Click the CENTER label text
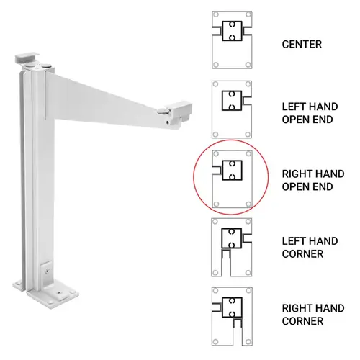[x=302, y=45]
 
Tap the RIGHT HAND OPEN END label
[x=312, y=181]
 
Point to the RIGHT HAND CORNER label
[x=312, y=313]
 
